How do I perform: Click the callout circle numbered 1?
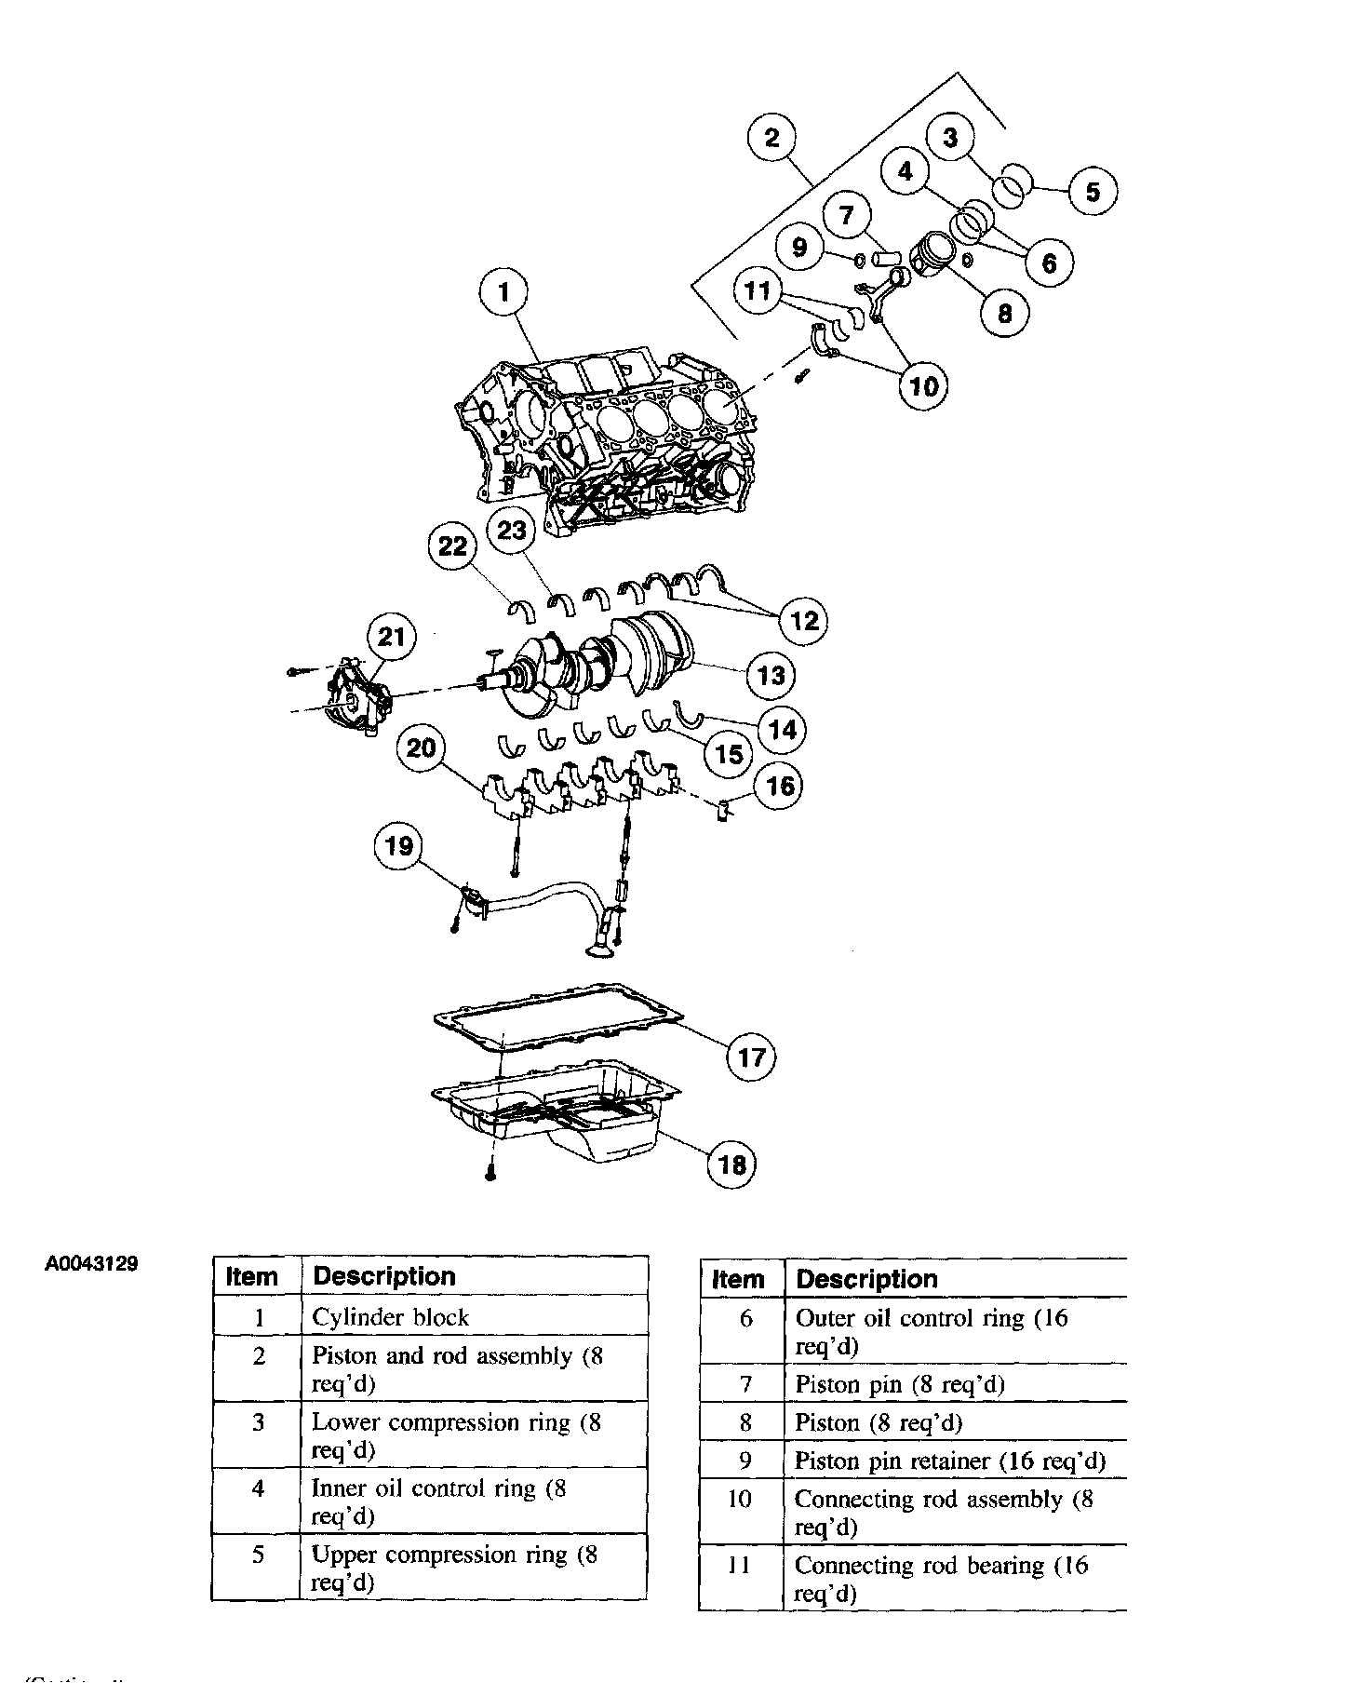click(503, 293)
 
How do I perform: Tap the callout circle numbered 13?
click(771, 675)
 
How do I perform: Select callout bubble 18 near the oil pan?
click(732, 1165)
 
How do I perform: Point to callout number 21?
click(392, 638)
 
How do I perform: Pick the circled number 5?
click(1093, 192)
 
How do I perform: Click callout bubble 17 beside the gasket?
click(751, 1057)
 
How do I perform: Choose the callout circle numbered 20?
click(422, 747)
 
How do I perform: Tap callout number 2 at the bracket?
click(771, 138)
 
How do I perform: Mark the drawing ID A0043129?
click(91, 1264)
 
